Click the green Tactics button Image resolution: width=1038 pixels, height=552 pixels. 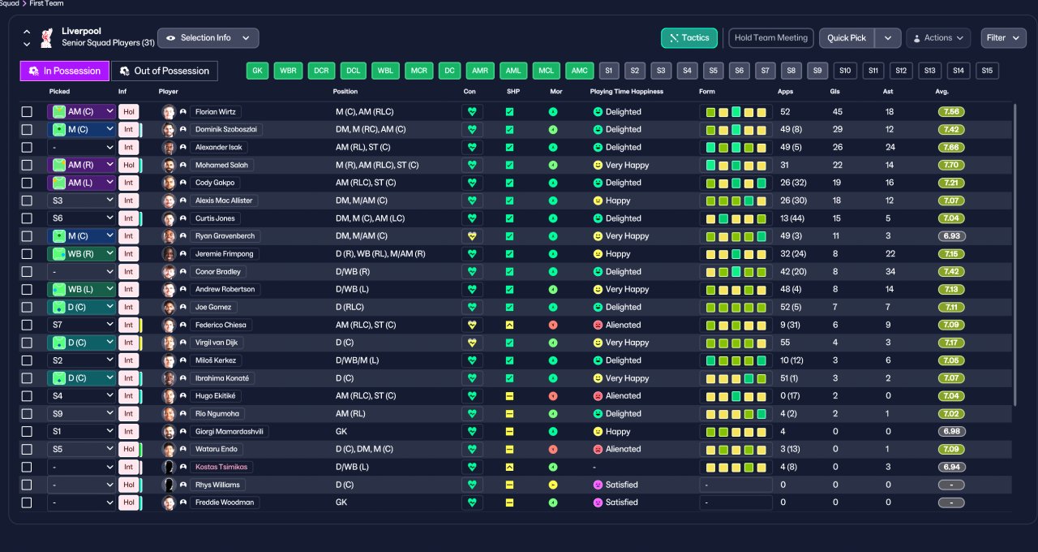coord(689,38)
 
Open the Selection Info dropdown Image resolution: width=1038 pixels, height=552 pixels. coord(208,38)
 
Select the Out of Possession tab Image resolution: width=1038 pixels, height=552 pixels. coord(165,71)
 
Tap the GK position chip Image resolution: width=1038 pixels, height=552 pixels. coord(257,71)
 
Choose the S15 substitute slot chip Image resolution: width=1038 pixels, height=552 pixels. coord(987,71)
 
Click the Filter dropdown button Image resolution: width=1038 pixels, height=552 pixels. coord(1003,38)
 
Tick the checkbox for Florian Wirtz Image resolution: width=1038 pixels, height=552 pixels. coord(27,112)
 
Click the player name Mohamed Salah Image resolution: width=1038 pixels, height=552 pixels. coord(221,165)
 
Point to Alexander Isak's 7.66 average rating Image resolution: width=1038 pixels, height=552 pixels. coord(951,148)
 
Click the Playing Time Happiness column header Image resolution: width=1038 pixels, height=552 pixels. coord(627,92)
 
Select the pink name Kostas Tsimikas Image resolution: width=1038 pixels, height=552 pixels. coord(221,467)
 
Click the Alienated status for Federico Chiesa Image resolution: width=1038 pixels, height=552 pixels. coord(623,326)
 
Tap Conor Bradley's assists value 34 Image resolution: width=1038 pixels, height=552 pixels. coord(890,272)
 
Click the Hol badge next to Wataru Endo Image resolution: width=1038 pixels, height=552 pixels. coord(129,450)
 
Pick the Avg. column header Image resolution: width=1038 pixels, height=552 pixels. coord(941,92)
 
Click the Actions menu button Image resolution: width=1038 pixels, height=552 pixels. coord(938,38)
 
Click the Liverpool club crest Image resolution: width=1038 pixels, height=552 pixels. coord(46,38)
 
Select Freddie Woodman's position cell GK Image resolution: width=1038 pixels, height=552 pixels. coord(341,502)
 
